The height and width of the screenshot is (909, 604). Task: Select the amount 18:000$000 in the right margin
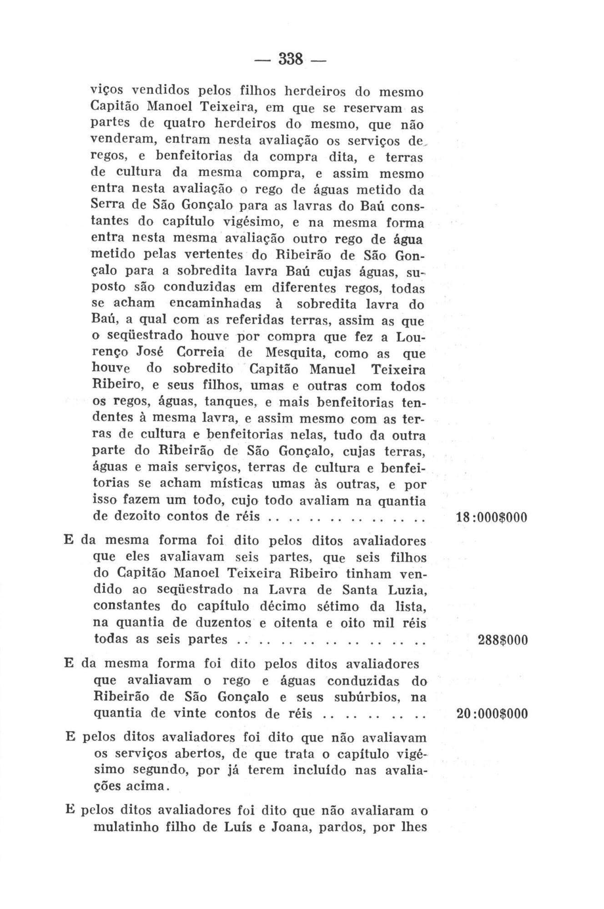[491, 517]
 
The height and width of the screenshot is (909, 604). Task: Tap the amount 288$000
[503, 640]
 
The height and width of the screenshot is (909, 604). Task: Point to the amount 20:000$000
[492, 714]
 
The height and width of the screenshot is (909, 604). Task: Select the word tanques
[230, 402]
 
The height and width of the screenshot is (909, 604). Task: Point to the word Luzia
[406, 590]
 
